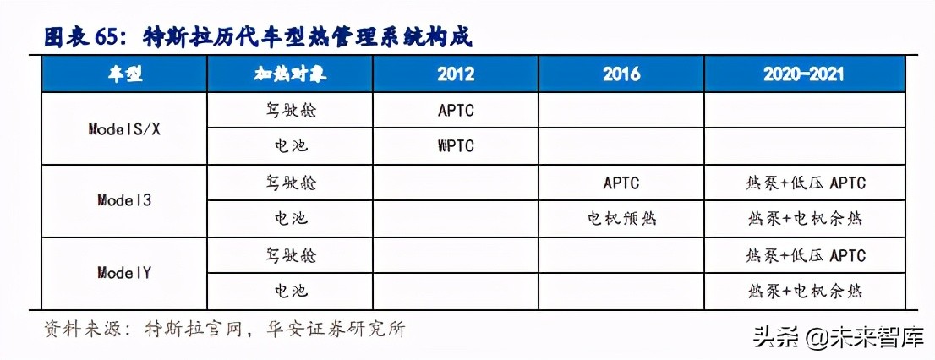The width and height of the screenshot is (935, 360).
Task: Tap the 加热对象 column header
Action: (x=290, y=74)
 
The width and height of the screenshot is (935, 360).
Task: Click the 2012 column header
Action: (x=456, y=74)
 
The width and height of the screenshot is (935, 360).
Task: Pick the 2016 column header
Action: (x=621, y=74)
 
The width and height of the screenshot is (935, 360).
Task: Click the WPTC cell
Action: (x=456, y=146)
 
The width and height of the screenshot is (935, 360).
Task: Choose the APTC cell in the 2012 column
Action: (x=456, y=110)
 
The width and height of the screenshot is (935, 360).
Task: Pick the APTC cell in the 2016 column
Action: (x=621, y=183)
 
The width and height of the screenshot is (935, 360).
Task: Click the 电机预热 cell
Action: (x=621, y=219)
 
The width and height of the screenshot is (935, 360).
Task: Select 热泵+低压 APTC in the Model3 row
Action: (x=806, y=183)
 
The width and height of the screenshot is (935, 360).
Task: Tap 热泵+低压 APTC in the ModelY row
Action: (x=806, y=255)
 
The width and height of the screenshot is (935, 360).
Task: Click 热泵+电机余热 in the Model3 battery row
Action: (x=806, y=219)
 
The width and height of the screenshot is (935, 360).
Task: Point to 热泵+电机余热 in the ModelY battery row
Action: (x=806, y=292)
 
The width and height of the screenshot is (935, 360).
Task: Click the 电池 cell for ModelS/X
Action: (x=290, y=146)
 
